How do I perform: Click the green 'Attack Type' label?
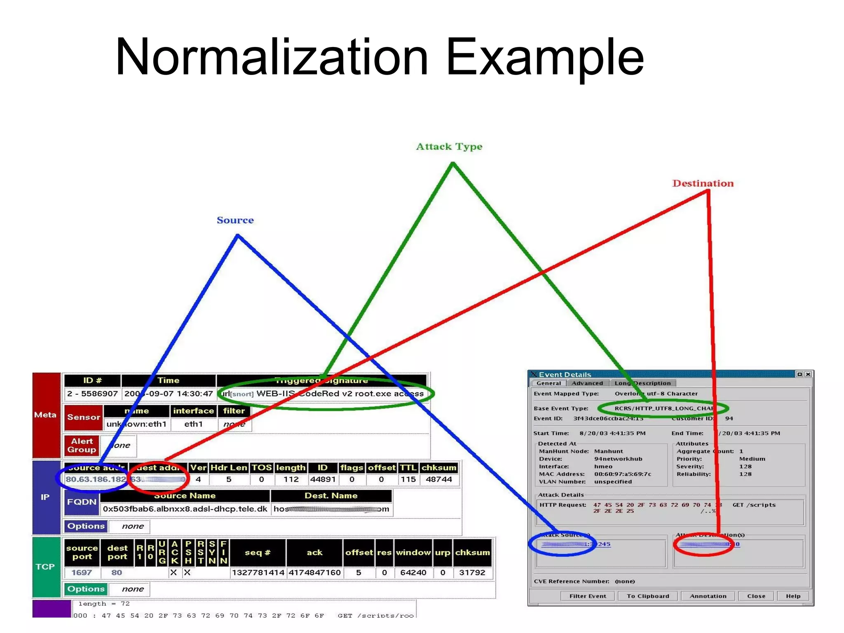coord(449,147)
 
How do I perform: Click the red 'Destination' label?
coord(703,183)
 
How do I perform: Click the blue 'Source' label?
coord(235,220)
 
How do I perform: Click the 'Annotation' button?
coord(708,596)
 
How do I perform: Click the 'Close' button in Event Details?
coord(756,596)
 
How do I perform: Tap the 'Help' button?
coord(793,596)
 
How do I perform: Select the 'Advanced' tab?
coord(587,383)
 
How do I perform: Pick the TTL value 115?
coord(408,479)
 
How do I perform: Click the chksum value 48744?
coord(438,479)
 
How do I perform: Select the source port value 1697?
coord(82,572)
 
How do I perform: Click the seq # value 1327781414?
coord(258,572)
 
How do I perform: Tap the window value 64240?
coord(413,572)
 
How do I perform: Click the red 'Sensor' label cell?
coord(83,417)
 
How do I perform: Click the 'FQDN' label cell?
coord(82,502)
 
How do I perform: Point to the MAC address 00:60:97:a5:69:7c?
coord(622,474)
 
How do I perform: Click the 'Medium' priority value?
coord(752,459)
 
